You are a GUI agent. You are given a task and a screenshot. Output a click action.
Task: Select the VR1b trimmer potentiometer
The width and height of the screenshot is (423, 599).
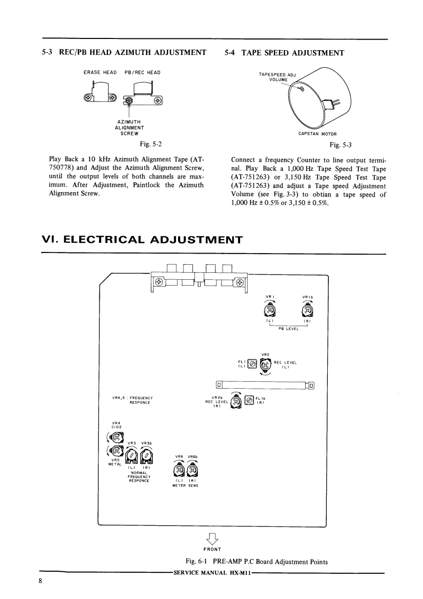307,310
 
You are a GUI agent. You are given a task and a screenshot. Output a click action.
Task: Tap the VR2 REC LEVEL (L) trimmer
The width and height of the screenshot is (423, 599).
265,365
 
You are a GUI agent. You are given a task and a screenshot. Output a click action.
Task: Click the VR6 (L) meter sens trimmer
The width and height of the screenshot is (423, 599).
180,470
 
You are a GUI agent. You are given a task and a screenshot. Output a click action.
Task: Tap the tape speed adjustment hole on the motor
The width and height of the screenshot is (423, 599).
301,89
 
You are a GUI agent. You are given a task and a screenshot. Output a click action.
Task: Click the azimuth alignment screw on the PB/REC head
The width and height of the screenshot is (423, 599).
130,101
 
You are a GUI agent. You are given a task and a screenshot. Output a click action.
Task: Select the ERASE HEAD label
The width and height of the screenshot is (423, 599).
100,72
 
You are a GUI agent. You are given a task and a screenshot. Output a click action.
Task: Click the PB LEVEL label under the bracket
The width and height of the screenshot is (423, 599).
289,329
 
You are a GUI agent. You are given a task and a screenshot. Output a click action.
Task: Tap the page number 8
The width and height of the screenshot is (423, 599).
40,581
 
